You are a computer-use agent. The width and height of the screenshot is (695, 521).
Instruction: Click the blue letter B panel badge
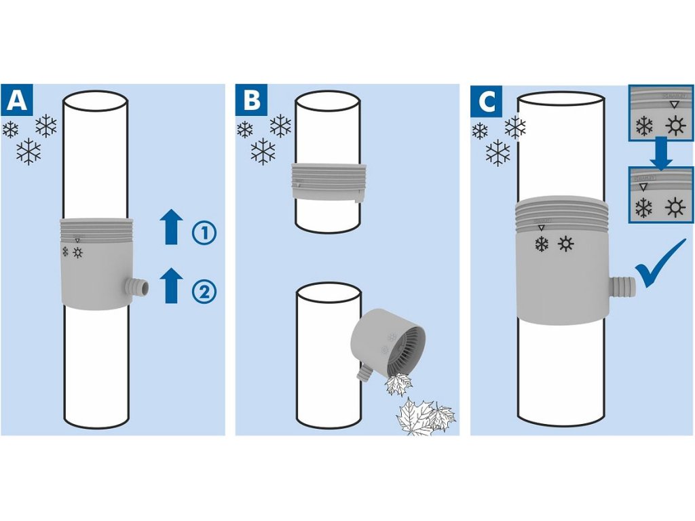click(252, 100)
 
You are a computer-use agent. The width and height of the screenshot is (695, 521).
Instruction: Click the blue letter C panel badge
click(487, 100)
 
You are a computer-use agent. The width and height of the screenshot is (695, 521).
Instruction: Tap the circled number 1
click(204, 233)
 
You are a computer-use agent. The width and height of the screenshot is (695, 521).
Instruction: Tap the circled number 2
click(204, 292)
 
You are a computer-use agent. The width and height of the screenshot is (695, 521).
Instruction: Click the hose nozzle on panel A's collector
click(138, 285)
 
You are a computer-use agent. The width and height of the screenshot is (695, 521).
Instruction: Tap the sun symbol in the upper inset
click(673, 126)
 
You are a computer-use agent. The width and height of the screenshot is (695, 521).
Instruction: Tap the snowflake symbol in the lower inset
click(643, 208)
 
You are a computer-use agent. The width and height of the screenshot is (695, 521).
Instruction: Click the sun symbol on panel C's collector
click(566, 244)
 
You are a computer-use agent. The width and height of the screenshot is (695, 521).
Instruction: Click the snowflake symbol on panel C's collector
click(541, 244)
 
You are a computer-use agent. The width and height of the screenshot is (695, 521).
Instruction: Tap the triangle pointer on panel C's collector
click(541, 229)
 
